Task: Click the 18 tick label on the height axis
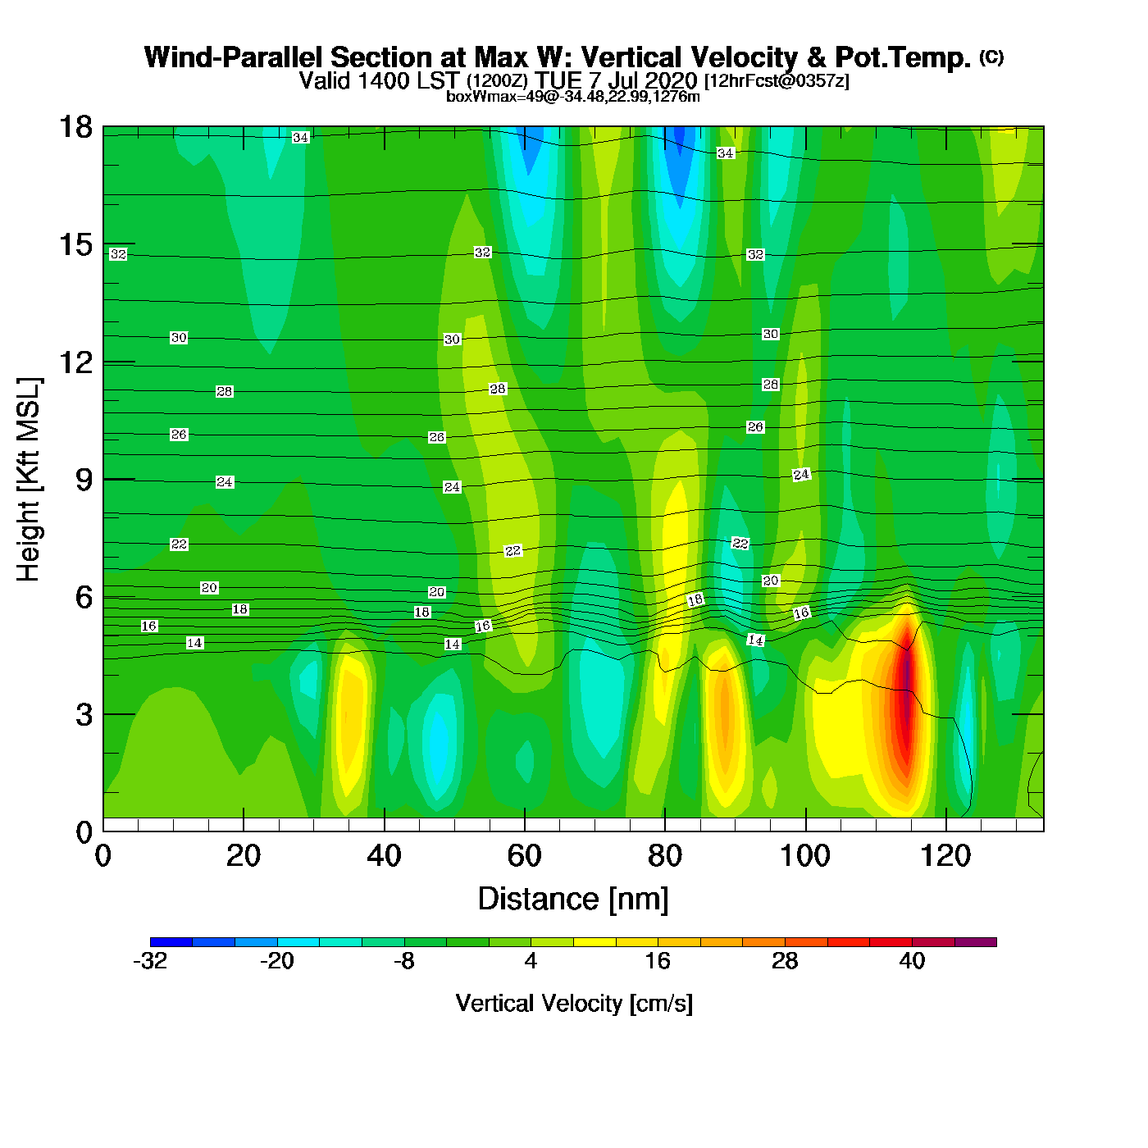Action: [75, 127]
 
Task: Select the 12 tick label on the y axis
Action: [75, 362]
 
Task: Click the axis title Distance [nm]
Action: [573, 900]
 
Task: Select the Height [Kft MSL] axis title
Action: [29, 480]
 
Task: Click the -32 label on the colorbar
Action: [150, 961]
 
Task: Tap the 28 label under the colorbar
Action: [785, 961]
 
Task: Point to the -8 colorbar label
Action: [404, 961]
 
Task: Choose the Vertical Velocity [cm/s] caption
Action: [574, 1004]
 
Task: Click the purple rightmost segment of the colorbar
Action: [976, 942]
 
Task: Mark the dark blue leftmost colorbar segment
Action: [171, 942]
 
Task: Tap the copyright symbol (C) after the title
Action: [991, 57]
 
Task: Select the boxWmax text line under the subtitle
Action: [573, 97]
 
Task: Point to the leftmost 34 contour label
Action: [301, 138]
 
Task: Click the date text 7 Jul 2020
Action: [644, 80]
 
